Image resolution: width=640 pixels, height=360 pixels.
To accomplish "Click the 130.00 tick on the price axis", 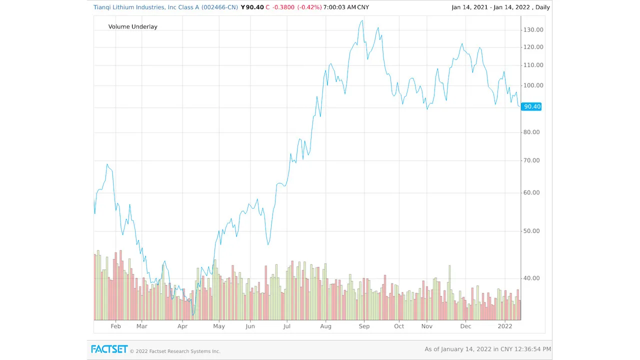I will (533, 30).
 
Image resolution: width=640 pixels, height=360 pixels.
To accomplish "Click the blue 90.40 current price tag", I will (531, 106).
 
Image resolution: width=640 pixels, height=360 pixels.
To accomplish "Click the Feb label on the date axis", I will (115, 326).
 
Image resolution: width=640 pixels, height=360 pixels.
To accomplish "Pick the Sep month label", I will (364, 326).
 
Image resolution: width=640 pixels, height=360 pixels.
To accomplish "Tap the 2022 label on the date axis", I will (505, 326).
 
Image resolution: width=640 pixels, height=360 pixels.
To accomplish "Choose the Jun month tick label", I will (250, 326).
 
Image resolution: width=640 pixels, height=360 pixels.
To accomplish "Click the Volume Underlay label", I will (132, 26).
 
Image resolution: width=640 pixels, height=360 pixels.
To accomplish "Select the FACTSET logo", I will (109, 349).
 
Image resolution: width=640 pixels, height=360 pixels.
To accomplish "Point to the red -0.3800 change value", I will (283, 7).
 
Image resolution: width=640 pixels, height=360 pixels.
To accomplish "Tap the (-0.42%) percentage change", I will (309, 7).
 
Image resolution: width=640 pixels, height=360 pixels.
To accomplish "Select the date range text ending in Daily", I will (500, 7).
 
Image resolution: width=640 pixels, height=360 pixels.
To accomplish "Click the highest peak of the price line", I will (361, 21).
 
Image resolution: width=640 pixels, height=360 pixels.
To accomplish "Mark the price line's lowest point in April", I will (193, 314).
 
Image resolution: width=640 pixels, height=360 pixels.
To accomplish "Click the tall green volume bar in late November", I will (449, 266).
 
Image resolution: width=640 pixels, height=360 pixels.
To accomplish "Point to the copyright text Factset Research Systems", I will (175, 351).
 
